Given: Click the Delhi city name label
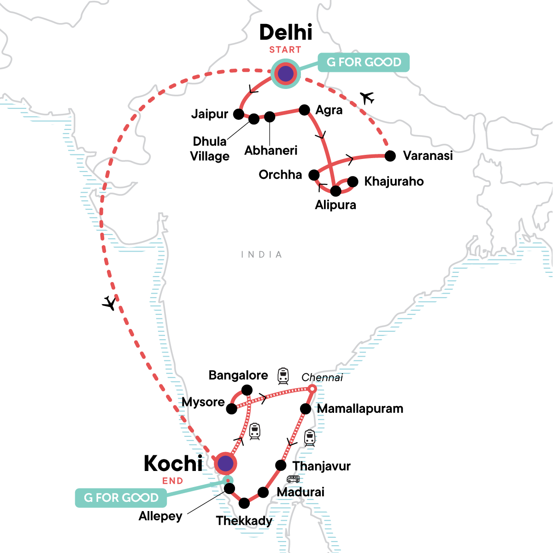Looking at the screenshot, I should tap(286, 32).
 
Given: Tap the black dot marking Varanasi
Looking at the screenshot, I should tap(390, 156).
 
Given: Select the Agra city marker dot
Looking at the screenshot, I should tap(304, 109).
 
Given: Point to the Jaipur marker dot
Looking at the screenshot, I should tap(238, 113).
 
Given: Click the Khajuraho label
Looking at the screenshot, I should tap(394, 181).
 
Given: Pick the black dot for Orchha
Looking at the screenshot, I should tap(314, 175).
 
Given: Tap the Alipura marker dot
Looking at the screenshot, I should tap(336, 190).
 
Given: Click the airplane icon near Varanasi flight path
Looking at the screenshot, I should tap(367, 98).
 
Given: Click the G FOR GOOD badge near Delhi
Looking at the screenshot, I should tap(364, 62).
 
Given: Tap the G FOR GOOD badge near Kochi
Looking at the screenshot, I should tap(121, 498).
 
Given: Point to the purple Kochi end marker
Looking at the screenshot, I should tap(225, 464).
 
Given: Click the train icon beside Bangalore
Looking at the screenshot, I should tap(283, 376).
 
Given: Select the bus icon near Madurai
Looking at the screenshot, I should tap(293, 479).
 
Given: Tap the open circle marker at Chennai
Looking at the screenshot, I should tap(312, 389).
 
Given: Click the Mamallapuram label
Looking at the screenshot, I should tap(360, 409).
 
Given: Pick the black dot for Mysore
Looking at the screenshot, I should tap(232, 408).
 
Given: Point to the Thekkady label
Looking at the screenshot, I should tap(244, 521).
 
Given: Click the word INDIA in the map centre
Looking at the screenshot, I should tap(261, 254).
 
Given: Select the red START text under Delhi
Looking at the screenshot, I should tap(285, 50).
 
